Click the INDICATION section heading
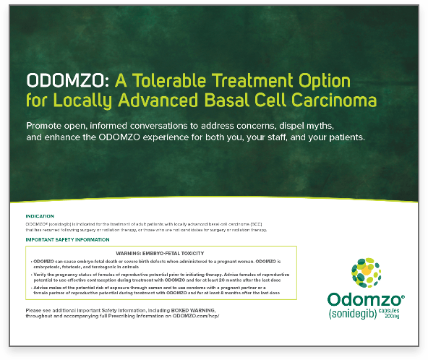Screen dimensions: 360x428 [x=39, y=216]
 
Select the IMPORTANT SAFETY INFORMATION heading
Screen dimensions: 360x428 [x=67, y=239]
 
